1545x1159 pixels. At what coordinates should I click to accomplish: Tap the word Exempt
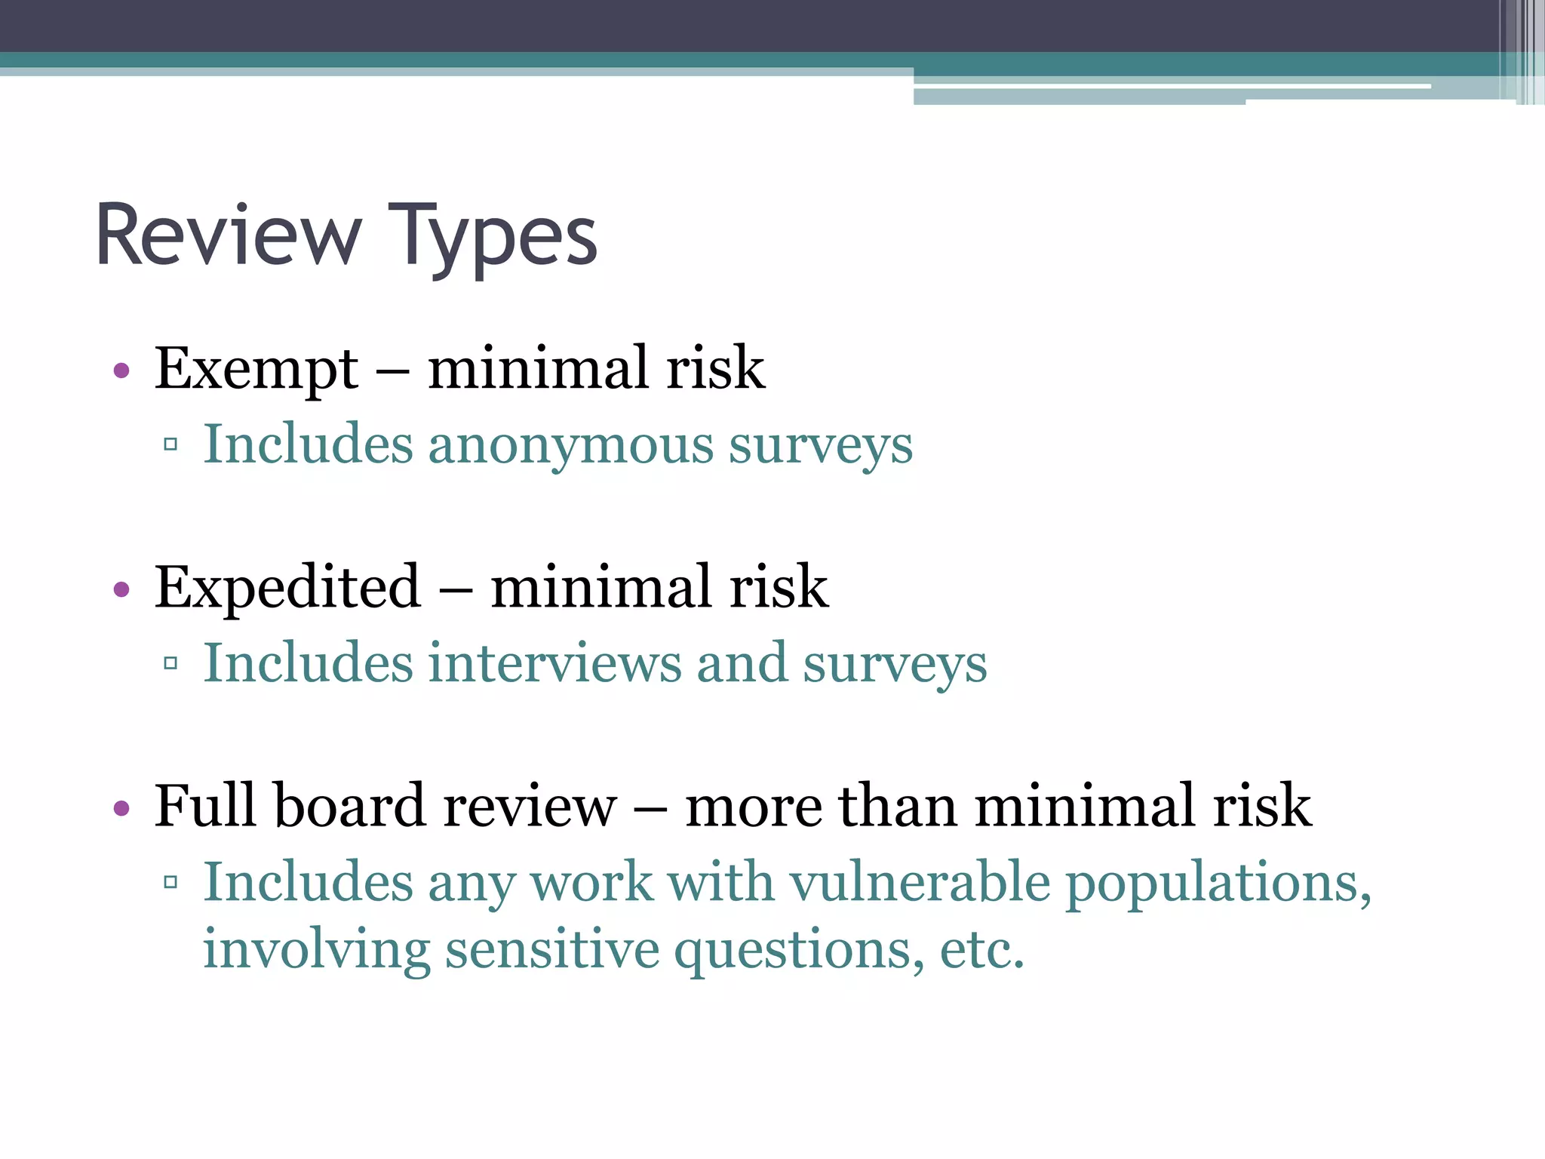pyautogui.click(x=256, y=369)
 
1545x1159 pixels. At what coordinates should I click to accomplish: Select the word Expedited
pyautogui.click(x=287, y=587)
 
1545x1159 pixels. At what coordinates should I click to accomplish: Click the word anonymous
pyautogui.click(x=570, y=444)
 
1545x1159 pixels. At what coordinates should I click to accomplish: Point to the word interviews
pyautogui.click(x=554, y=663)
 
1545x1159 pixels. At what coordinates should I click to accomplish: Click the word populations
pyautogui.click(x=1218, y=883)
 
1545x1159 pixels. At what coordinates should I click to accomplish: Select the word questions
pyautogui.click(x=799, y=950)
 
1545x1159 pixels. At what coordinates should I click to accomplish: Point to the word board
pyautogui.click(x=351, y=806)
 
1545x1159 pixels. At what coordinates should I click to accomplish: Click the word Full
pyautogui.click(x=205, y=806)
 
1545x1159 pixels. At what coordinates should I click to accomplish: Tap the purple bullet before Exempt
pyautogui.click(x=121, y=370)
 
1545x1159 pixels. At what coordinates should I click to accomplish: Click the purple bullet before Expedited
pyautogui.click(x=121, y=589)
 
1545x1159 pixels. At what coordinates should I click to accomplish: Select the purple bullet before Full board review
pyautogui.click(x=121, y=808)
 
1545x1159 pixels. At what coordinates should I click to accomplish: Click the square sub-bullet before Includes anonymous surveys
pyautogui.click(x=170, y=444)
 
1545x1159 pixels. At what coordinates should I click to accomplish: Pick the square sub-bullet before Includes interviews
pyautogui.click(x=170, y=663)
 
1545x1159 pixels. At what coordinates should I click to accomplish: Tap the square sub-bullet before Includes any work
pyautogui.click(x=170, y=881)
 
